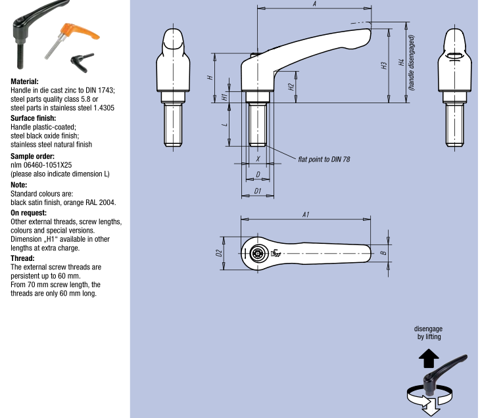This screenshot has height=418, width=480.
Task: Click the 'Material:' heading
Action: tap(25, 82)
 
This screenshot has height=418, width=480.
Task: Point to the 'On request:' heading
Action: tap(29, 213)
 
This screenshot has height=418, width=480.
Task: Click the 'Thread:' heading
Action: tap(23, 259)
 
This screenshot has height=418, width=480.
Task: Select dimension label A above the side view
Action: tap(314, 5)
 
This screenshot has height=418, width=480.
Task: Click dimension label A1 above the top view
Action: tap(306, 215)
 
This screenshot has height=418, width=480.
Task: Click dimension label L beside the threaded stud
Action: tap(225, 124)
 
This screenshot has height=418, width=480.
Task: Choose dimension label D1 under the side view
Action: tap(258, 191)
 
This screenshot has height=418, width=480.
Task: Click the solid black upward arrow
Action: tap(428, 358)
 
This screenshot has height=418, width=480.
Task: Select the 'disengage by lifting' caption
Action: tap(428, 333)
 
